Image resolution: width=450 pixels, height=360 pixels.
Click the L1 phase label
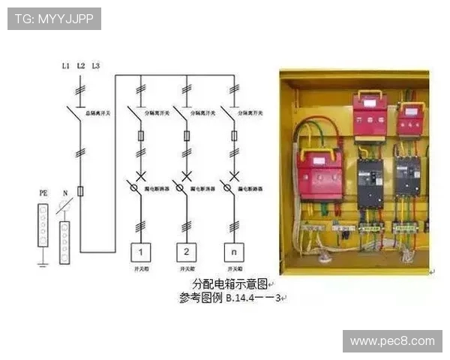pyautogui.click(x=65, y=66)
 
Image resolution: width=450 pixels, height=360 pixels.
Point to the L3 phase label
pyautogui.click(x=95, y=66)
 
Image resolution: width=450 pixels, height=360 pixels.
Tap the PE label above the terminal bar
pyautogui.click(x=43, y=193)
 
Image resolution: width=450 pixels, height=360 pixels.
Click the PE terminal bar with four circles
pyautogui.click(x=43, y=224)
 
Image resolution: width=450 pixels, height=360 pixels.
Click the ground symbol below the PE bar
pyautogui.click(x=43, y=262)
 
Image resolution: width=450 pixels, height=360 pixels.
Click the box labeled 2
pyautogui.click(x=185, y=251)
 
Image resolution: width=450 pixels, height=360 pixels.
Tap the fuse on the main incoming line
pyautogui.click(x=80, y=192)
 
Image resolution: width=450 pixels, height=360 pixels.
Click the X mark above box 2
pyautogui.click(x=185, y=175)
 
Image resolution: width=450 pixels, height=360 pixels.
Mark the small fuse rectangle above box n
pyautogui.click(x=233, y=136)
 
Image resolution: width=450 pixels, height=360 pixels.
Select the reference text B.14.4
pyautogui.click(x=250, y=298)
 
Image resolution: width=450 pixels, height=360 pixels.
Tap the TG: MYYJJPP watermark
pyautogui.click(x=54, y=19)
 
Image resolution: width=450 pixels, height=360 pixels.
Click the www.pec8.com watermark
pyautogui.click(x=392, y=341)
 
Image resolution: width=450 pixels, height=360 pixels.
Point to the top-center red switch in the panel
pyautogui.click(x=370, y=117)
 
